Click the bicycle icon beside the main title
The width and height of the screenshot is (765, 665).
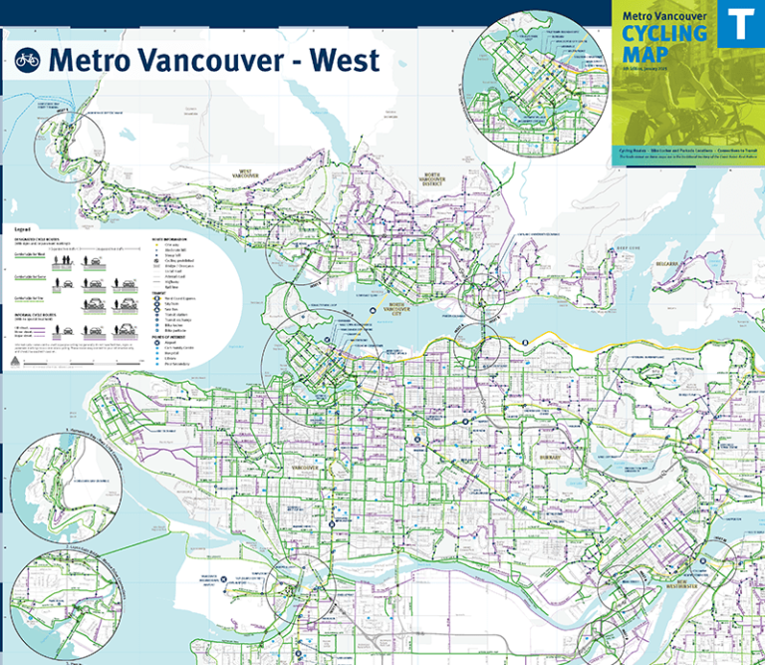click(x=27, y=59)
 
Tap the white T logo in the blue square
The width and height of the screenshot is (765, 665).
click(x=740, y=23)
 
